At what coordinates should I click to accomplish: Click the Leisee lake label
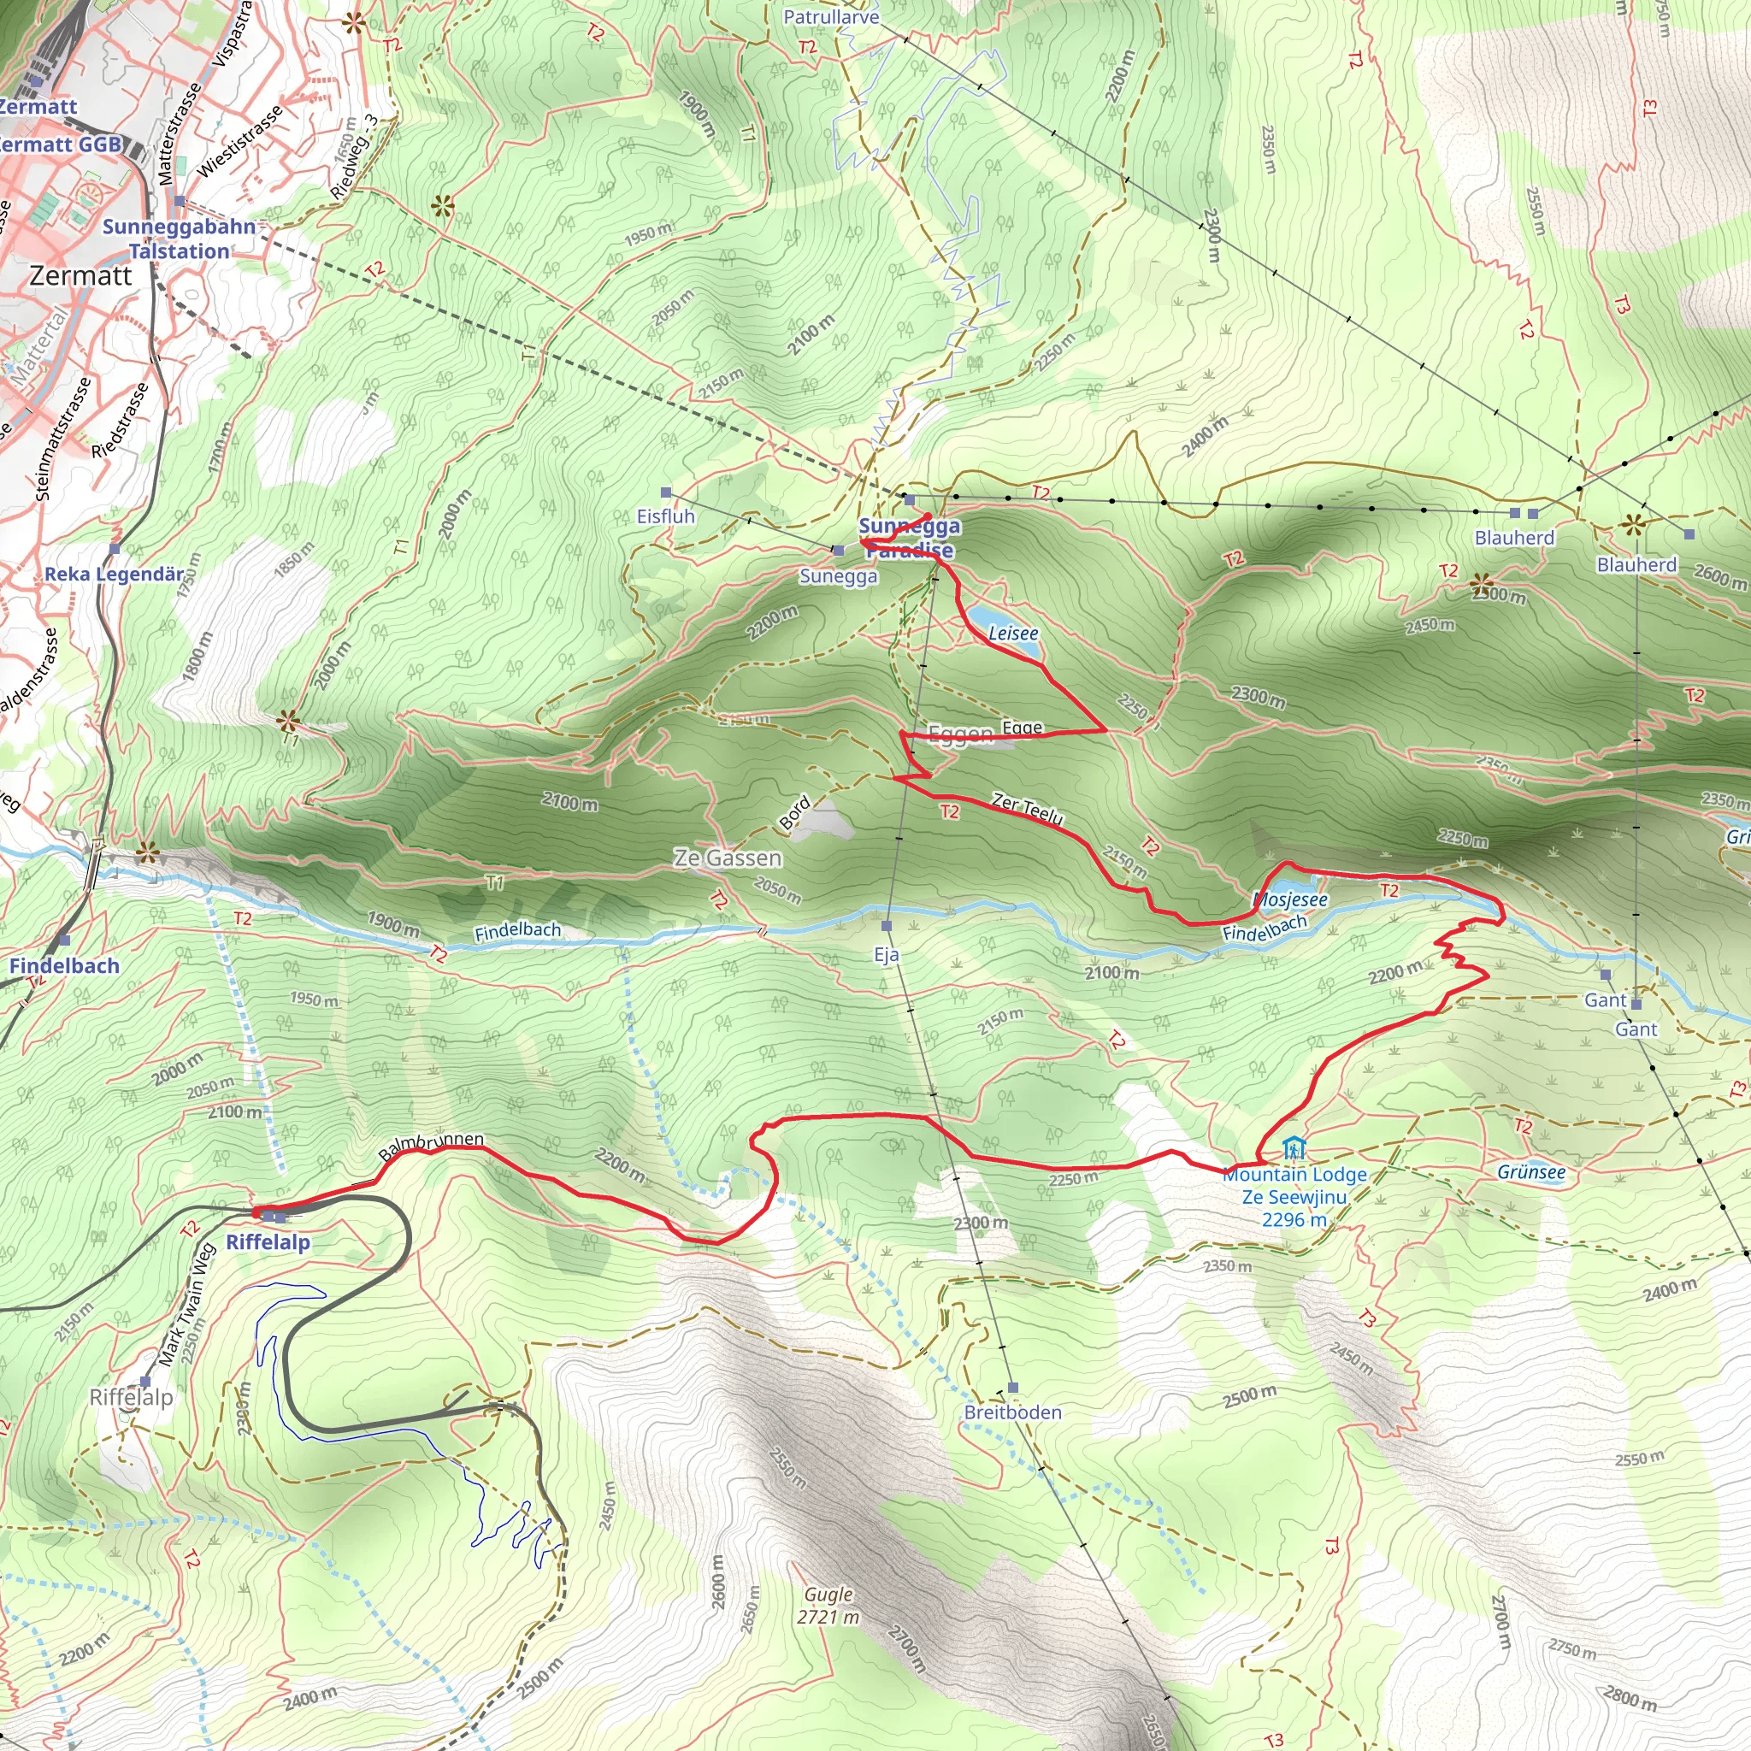(x=1012, y=634)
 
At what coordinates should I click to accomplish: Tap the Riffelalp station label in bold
(x=268, y=1242)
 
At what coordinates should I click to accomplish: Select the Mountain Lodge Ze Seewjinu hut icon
(x=1294, y=1149)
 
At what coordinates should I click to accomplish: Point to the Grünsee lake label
(x=1531, y=1173)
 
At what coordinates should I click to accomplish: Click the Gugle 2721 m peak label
(x=828, y=1606)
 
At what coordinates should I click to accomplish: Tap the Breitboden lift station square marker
(x=1013, y=1388)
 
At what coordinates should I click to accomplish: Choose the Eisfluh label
(x=665, y=516)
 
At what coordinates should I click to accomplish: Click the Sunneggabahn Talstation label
(x=179, y=239)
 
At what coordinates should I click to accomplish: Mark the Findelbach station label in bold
(x=64, y=966)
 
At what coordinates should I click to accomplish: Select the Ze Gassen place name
(x=727, y=858)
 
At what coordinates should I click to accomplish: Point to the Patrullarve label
(x=830, y=17)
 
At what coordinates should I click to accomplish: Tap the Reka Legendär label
(x=114, y=575)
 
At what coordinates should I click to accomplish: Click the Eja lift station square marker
(x=887, y=925)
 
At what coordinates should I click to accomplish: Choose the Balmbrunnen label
(x=432, y=1146)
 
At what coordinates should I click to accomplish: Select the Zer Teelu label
(x=1027, y=809)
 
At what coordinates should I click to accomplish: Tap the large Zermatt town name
(x=80, y=275)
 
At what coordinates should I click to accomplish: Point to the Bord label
(x=795, y=815)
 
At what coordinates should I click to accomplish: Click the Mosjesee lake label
(x=1290, y=900)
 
